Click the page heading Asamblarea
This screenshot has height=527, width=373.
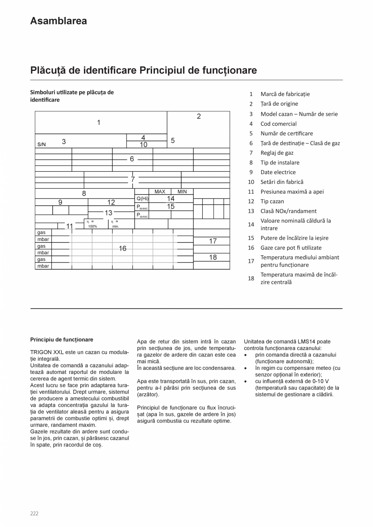(x=58, y=21)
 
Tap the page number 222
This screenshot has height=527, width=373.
(x=34, y=513)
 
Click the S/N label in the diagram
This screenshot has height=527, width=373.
(x=41, y=144)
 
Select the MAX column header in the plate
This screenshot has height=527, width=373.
(x=160, y=192)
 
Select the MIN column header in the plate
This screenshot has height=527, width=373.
(x=182, y=192)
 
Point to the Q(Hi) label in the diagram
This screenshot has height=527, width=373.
(x=142, y=198)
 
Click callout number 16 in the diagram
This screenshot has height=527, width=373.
(x=122, y=248)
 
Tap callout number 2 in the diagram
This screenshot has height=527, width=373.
(x=199, y=117)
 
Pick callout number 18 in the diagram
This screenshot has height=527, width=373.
(x=213, y=257)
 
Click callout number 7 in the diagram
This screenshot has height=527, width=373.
(x=133, y=179)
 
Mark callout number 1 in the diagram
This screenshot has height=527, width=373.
(x=99, y=122)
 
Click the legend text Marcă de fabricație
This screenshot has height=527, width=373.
(x=285, y=94)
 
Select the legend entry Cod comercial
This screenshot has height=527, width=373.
(x=279, y=124)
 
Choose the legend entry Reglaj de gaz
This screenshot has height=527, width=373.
(x=277, y=153)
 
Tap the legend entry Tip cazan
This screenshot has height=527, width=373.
(x=272, y=201)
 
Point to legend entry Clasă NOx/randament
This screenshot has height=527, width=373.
(x=288, y=211)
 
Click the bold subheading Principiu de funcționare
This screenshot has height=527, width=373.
(x=62, y=339)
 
